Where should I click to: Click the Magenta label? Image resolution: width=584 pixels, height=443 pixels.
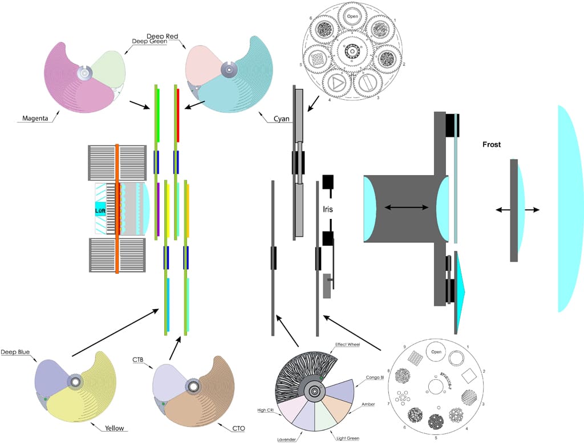coord(35,119)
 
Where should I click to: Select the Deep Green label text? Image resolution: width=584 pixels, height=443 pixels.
coord(149,41)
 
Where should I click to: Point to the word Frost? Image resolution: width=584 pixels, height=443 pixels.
coord(491,145)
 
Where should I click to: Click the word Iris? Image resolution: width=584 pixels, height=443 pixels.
coord(327,209)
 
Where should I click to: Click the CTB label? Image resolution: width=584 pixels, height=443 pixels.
coord(138,360)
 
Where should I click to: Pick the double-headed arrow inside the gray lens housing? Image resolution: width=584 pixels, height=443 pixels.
coord(407,208)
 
